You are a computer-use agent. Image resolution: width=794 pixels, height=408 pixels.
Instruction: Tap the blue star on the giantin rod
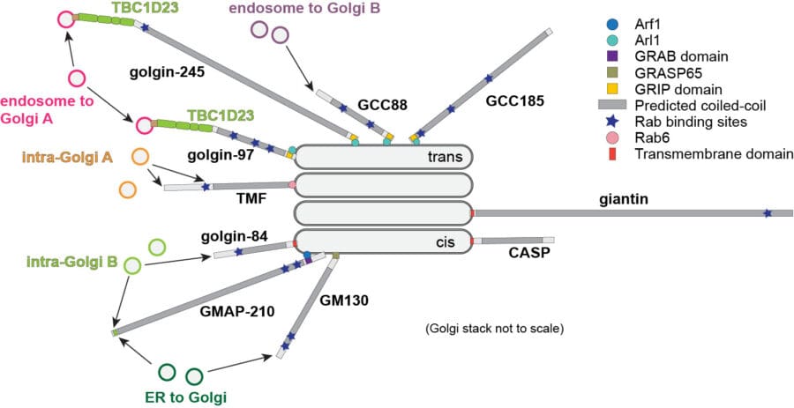(x=768, y=213)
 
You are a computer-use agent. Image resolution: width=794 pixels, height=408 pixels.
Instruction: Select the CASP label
(x=528, y=254)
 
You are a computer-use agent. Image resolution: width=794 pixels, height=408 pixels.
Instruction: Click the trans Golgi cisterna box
(x=384, y=157)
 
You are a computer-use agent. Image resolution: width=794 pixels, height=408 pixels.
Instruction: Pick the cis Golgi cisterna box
(x=384, y=241)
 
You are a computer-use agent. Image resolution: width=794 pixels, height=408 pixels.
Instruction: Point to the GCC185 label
(x=511, y=102)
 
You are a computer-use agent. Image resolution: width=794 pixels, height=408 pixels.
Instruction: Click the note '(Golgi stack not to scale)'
(x=494, y=330)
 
